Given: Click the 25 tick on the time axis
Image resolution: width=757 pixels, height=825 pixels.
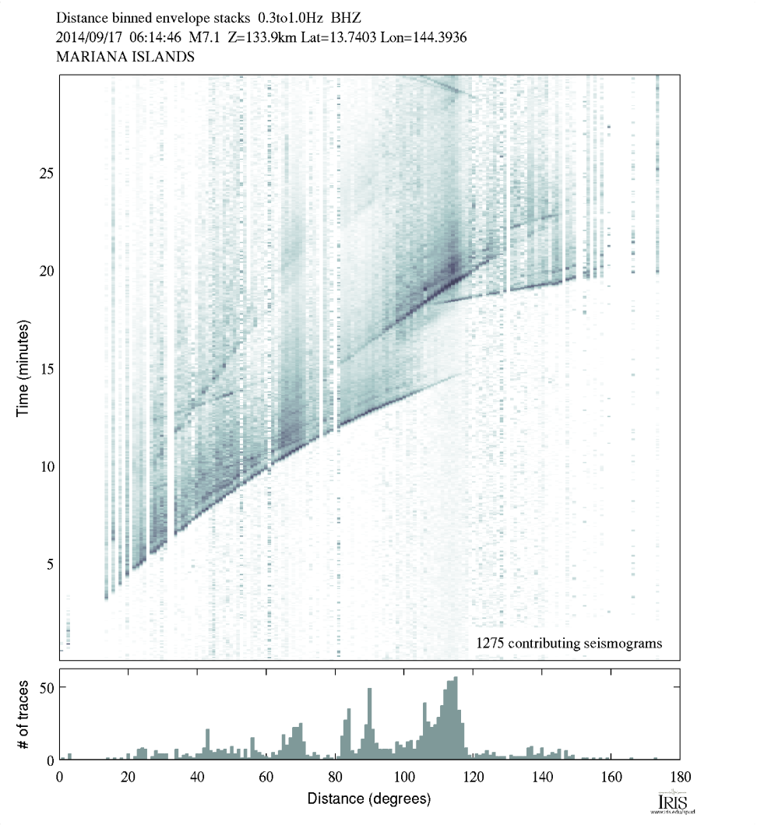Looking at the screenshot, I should [x=60, y=172].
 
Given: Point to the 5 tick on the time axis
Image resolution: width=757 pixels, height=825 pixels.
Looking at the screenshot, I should [x=60, y=563].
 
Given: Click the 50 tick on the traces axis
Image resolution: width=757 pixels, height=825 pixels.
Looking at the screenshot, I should [x=60, y=687].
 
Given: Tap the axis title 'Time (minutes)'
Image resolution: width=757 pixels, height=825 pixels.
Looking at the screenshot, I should [x=23, y=367].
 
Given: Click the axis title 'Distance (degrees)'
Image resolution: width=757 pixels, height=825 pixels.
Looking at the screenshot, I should [x=369, y=799].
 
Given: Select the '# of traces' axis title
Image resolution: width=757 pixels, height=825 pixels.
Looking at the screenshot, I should [x=23, y=714].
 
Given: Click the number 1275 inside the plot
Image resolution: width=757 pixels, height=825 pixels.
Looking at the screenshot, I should [x=491, y=643].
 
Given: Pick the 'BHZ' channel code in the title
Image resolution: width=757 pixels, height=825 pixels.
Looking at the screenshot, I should [x=347, y=16].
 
